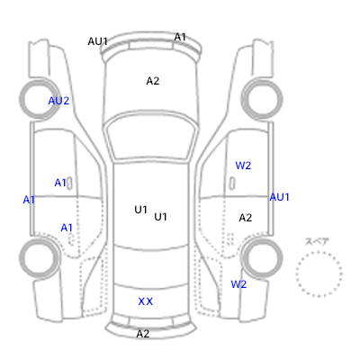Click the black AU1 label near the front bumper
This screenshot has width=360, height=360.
[x=97, y=41]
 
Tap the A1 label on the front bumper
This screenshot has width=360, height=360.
[x=180, y=37]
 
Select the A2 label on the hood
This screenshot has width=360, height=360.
[x=153, y=81]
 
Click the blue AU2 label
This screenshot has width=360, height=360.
[x=58, y=101]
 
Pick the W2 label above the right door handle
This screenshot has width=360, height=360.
[x=243, y=166]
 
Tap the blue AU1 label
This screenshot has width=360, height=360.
[x=280, y=197]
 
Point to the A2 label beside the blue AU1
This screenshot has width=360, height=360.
[x=246, y=218]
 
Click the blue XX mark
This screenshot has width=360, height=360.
[x=146, y=301]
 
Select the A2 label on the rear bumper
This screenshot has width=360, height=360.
[x=143, y=334]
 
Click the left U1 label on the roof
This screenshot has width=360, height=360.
[x=140, y=210]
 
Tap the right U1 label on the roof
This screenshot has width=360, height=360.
[x=160, y=217]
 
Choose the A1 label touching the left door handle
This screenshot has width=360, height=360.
[x=60, y=183]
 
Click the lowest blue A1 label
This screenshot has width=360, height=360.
[x=67, y=228]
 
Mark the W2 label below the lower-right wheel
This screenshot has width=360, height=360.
[x=238, y=284]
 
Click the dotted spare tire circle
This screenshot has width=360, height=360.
[x=319, y=252]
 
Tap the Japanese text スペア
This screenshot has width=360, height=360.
[x=317, y=241]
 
